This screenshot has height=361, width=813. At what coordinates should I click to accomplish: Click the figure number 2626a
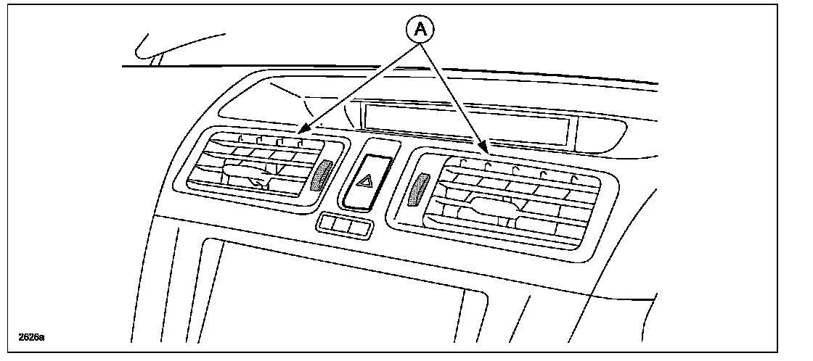pyautogui.click(x=30, y=338)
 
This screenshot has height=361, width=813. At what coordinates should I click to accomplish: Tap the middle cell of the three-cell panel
pyautogui.click(x=345, y=227)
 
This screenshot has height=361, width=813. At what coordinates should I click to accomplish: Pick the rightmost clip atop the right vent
pyautogui.click(x=573, y=178)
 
